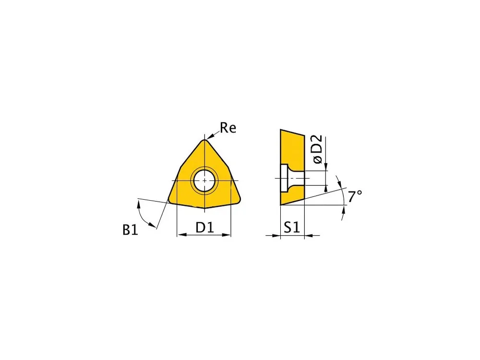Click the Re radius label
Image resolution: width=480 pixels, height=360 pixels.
228,128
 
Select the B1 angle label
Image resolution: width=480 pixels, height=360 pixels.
131,229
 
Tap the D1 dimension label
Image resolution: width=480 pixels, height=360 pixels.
204,228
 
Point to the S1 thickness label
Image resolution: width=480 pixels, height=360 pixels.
292,228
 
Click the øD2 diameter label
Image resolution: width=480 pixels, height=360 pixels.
317,149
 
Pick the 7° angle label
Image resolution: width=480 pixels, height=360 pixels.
355,196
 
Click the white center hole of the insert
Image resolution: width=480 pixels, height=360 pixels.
204,180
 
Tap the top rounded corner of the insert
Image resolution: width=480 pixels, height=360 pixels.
204,142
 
